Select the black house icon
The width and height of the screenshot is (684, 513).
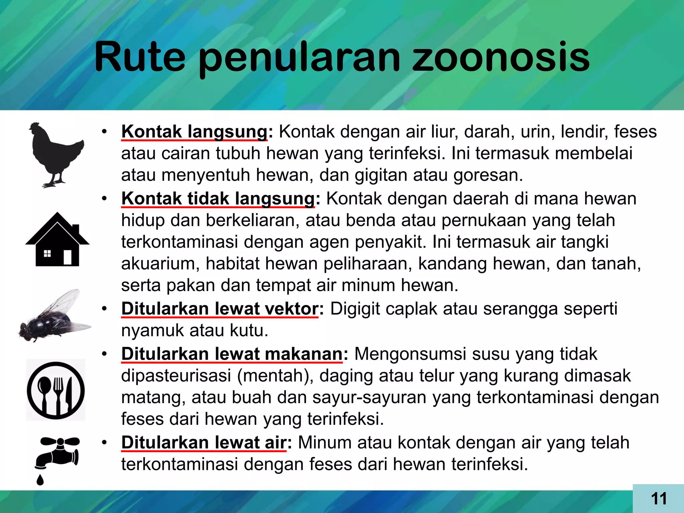(57, 240)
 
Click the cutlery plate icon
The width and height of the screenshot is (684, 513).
(56, 390)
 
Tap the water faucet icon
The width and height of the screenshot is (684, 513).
(58, 453)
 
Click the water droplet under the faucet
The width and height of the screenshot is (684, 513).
(40, 480)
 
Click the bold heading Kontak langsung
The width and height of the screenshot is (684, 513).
(194, 132)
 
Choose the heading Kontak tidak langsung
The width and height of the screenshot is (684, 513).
(218, 199)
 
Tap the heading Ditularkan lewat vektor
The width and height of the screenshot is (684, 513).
(220, 309)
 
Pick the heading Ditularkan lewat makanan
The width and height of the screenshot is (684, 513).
(232, 354)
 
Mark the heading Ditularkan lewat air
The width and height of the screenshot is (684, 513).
(204, 443)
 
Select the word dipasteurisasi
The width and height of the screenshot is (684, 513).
(176, 376)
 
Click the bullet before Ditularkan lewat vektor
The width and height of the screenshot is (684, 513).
(105, 309)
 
